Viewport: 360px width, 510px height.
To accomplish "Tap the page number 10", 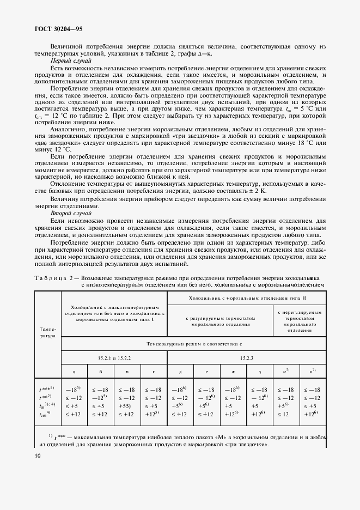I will tap(37, 456).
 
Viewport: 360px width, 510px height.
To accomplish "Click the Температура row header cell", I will tap(47, 333).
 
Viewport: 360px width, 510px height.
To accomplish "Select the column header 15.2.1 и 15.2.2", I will tap(114, 357).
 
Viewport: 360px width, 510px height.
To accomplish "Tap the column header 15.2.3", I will tap(247, 357).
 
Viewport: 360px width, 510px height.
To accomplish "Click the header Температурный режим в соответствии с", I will tap(193, 344).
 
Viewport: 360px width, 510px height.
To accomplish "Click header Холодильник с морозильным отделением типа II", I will tap(247, 299).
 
